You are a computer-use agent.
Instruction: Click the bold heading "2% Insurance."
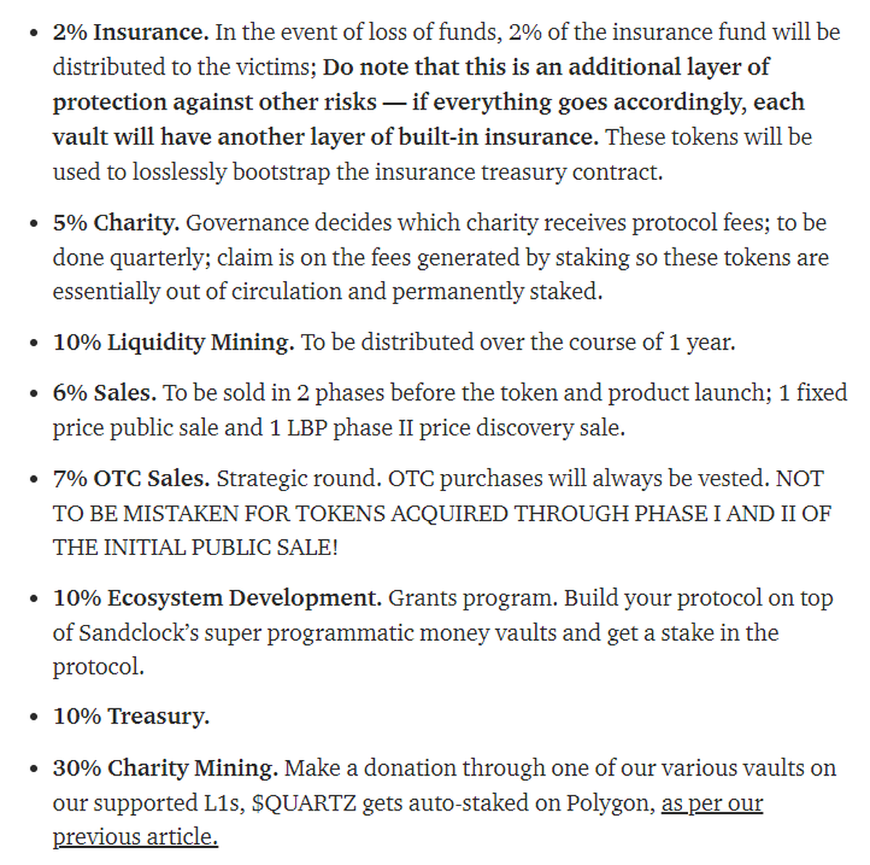(130, 33)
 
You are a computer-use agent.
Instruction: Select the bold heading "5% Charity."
(115, 223)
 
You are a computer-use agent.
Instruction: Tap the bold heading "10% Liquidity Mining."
(173, 343)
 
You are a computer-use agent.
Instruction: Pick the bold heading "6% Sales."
(104, 393)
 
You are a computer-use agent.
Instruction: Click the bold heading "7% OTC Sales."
(130, 479)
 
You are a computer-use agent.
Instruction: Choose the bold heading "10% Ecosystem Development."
(217, 599)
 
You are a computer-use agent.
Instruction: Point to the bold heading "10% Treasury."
(130, 717)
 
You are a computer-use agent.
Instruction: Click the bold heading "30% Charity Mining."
(165, 768)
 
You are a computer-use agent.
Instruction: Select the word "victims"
(275, 67)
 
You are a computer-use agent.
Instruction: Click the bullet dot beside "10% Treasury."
(33, 718)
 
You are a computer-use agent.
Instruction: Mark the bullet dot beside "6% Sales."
(33, 394)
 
